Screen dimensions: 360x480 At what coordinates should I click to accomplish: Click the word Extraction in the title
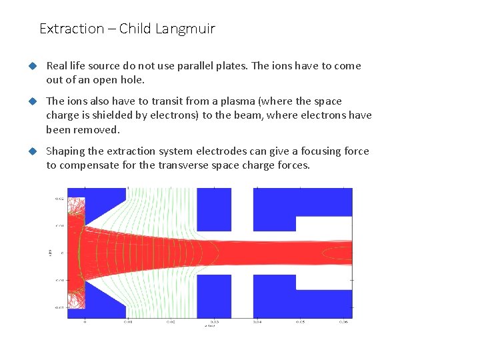pyautogui.click(x=72, y=29)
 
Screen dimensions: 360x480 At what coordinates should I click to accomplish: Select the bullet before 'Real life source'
pyautogui.click(x=31, y=66)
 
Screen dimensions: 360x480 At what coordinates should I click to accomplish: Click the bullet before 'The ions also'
pyautogui.click(x=31, y=101)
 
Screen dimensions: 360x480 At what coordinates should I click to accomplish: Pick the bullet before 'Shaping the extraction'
pyautogui.click(x=31, y=151)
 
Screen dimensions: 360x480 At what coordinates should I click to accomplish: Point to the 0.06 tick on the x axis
pyautogui.click(x=343, y=322)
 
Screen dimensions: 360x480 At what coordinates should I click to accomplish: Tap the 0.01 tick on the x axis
pyautogui.click(x=128, y=322)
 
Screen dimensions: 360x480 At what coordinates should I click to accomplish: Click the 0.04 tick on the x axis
pyautogui.click(x=258, y=322)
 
